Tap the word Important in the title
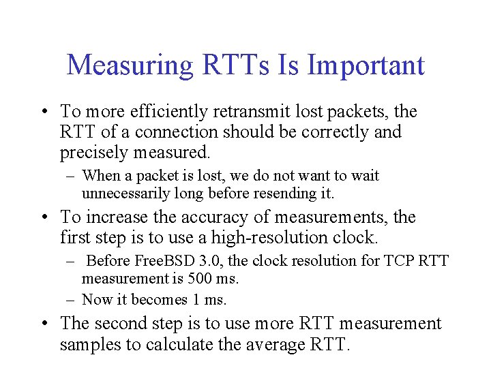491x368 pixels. coord(366,66)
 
